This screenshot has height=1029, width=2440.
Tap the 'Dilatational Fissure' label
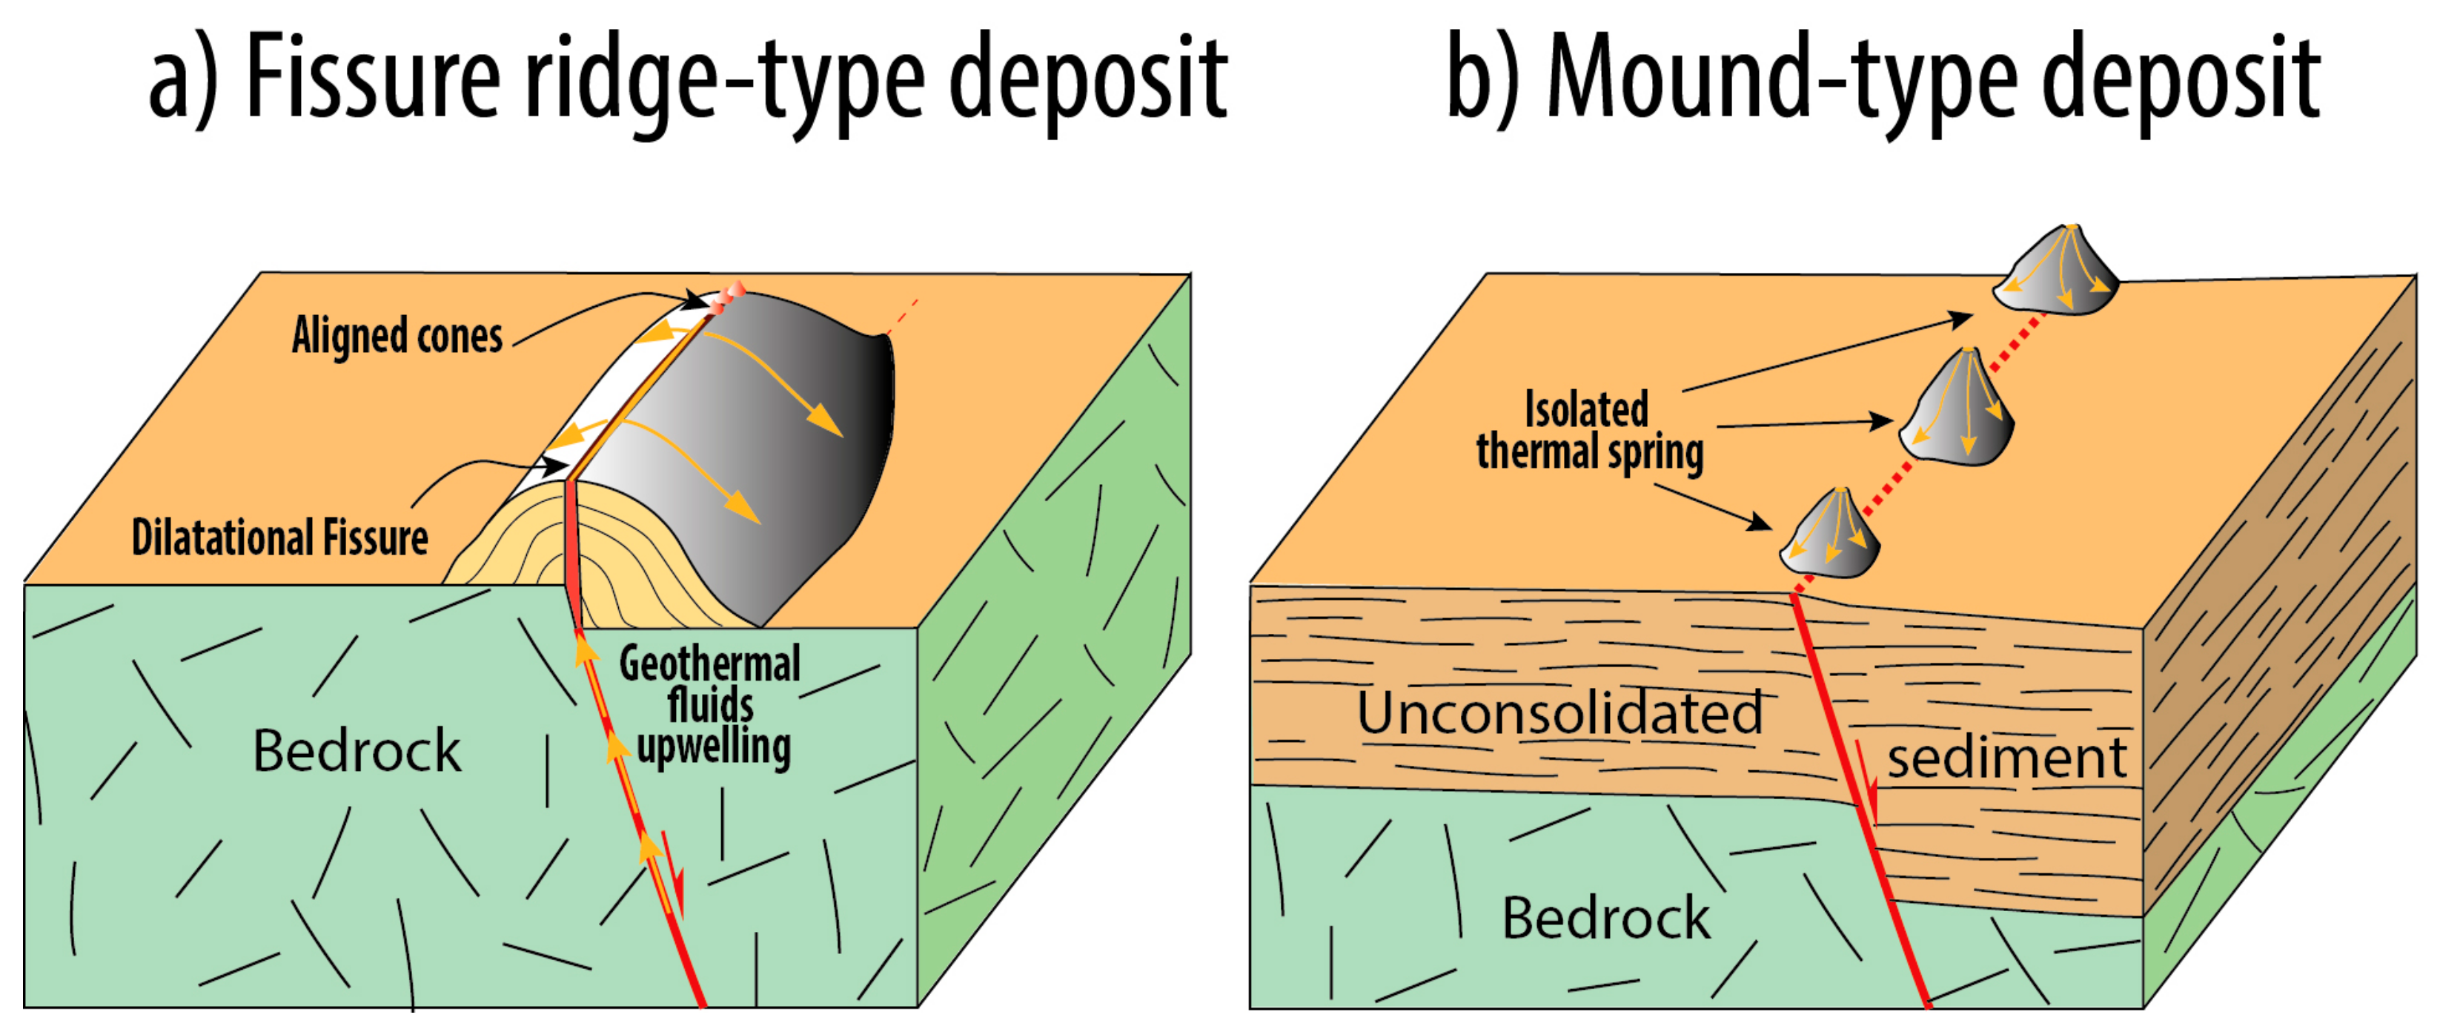pos(279,537)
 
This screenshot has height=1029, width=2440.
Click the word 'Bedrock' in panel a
pos(357,752)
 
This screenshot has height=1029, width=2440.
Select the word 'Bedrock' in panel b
pos(1605,917)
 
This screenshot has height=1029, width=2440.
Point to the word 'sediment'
pos(2006,758)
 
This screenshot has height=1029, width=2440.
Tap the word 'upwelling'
pos(713,747)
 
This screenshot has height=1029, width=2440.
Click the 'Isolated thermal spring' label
pos(1588,431)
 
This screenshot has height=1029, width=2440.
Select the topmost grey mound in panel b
pos(2055,270)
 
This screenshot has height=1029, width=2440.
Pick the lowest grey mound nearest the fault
pos(1830,535)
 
